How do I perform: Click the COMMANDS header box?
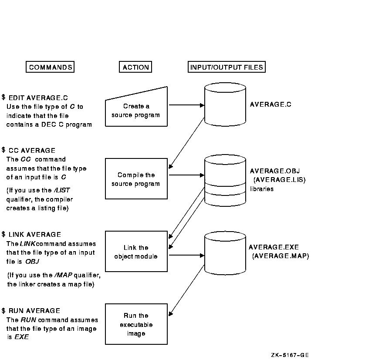tap(50, 67)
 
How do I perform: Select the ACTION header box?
tap(135, 67)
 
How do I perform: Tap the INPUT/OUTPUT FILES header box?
tap(227, 67)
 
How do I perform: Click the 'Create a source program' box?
tap(136, 111)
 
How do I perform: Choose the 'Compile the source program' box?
tap(136, 179)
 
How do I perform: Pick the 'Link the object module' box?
tap(136, 252)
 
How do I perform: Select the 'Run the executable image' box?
tap(136, 324)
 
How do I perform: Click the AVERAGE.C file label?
tap(271, 104)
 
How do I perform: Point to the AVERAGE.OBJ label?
tap(275, 171)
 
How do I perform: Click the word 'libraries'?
tap(262, 189)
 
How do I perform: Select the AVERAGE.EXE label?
tap(274, 247)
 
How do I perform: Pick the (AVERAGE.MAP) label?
tap(281, 256)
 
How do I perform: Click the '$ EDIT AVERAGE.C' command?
tap(35, 98)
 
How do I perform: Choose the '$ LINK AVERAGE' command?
tap(31, 235)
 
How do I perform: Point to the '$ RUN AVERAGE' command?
tap(30, 311)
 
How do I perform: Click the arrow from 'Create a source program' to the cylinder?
tap(186, 105)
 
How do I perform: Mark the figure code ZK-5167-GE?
tap(289, 355)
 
